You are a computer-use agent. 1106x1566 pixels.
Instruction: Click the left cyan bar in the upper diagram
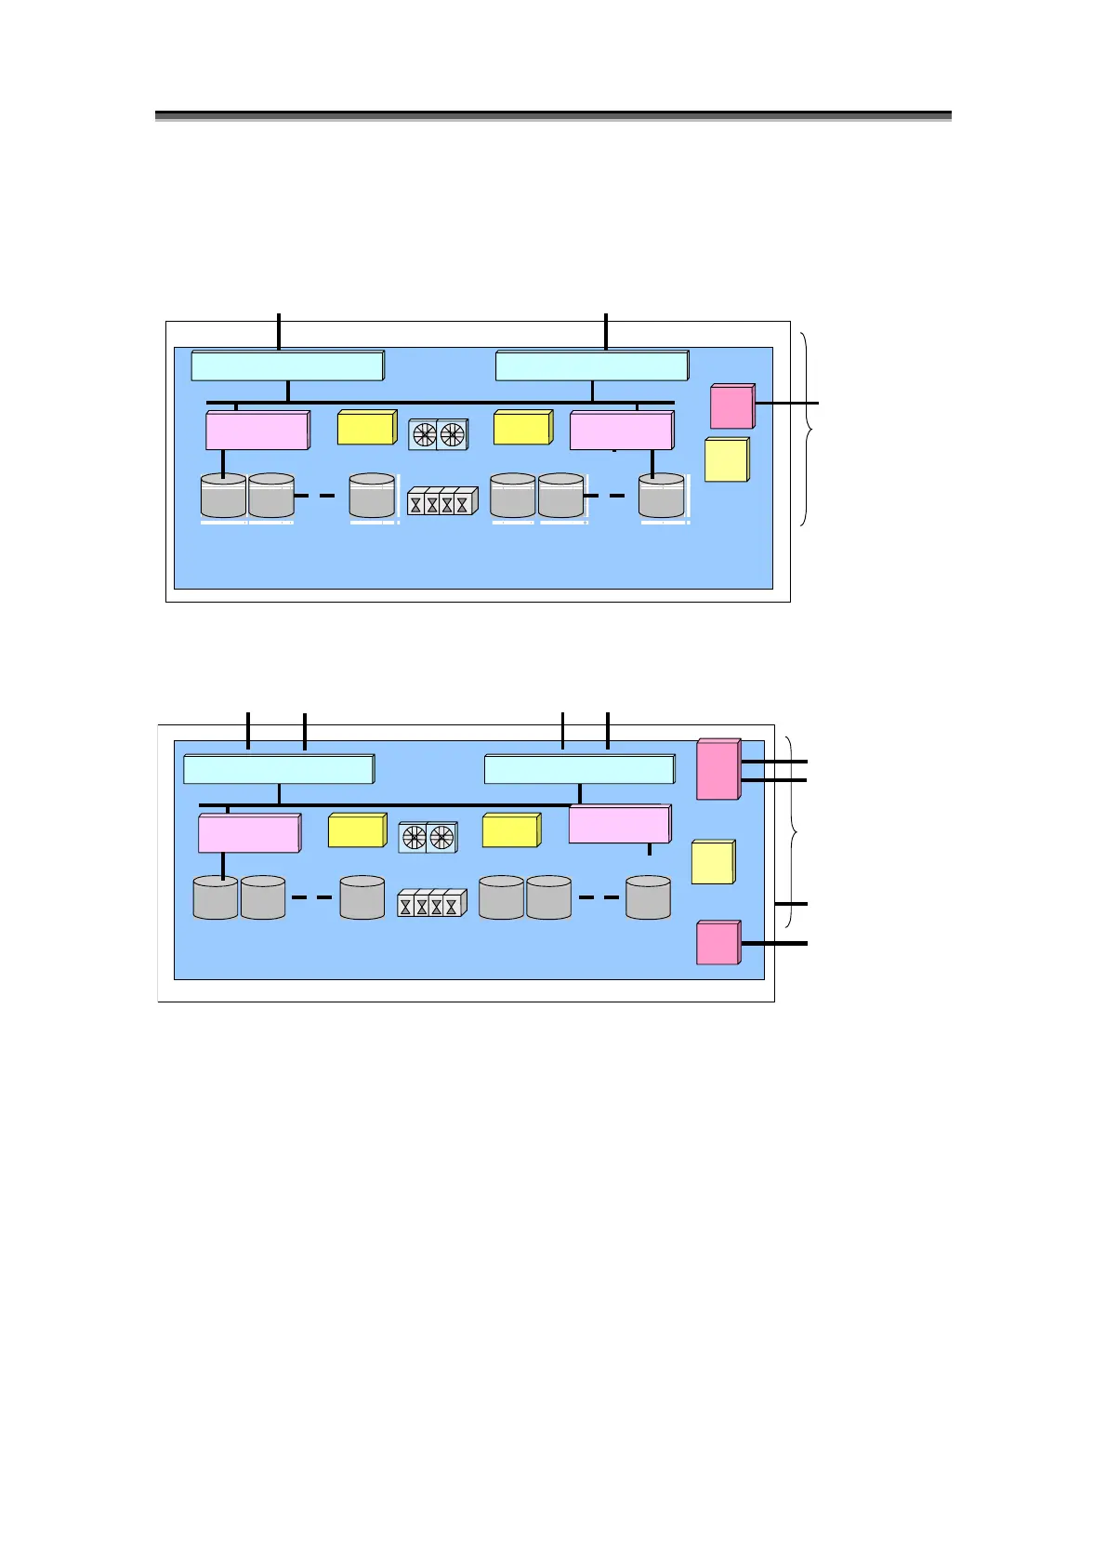pos(287,365)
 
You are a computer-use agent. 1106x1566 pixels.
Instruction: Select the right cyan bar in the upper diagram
pos(592,365)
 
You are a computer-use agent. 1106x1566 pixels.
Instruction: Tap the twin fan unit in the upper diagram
pos(439,433)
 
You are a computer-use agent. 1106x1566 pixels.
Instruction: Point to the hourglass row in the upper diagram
pos(442,501)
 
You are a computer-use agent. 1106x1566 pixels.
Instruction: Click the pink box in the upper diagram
pos(731,406)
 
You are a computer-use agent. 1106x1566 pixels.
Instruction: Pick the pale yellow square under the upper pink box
pos(727,460)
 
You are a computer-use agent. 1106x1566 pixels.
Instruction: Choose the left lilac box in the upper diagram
pos(257,431)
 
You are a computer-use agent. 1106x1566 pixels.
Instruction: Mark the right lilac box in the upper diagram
pos(621,431)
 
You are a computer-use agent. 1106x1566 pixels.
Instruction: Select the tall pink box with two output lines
pos(718,769)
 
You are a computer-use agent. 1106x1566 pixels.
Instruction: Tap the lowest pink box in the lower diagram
pos(718,942)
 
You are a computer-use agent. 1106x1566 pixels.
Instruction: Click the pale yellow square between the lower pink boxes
pos(713,862)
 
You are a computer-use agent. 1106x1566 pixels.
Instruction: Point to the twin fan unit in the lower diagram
pos(428,837)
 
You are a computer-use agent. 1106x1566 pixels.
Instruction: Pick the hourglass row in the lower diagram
pos(431,904)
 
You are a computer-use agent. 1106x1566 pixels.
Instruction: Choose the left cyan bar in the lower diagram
pos(279,770)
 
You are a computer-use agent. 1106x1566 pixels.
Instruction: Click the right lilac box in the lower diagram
pos(619,825)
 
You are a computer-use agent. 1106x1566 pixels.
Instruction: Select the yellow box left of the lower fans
pos(357,830)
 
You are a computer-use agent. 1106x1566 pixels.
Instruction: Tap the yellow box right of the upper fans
pos(522,428)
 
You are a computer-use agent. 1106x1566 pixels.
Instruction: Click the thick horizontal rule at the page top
pos(553,116)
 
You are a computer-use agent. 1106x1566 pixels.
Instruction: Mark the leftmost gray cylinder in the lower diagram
pos(216,897)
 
